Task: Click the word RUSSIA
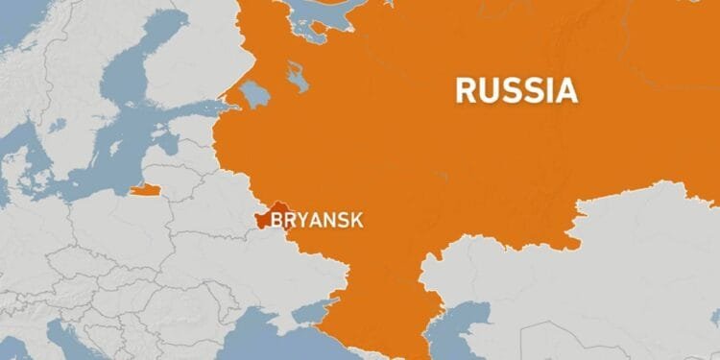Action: click(516, 90)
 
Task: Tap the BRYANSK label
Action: click(318, 221)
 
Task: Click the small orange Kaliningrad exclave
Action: click(145, 189)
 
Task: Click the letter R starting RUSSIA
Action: click(465, 90)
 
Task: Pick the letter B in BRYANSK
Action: click(278, 221)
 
